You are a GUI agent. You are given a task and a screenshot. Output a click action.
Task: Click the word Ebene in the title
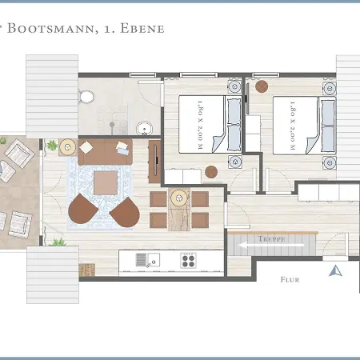(x=144, y=29)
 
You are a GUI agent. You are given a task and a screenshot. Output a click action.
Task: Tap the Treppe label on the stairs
(x=272, y=238)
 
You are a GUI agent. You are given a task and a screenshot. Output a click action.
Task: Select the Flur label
(x=290, y=280)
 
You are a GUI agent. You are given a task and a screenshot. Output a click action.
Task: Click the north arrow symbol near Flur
(x=335, y=270)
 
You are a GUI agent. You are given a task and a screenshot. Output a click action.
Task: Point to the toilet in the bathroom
(x=87, y=98)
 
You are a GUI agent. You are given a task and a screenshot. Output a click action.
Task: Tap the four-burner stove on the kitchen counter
(x=189, y=259)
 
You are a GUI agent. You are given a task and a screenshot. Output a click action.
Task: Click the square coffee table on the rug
(x=106, y=182)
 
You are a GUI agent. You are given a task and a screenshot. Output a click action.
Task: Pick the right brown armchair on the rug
(x=124, y=212)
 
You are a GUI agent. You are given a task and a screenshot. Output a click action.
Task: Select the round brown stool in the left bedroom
(x=210, y=170)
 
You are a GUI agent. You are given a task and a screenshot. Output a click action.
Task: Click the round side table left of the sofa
(x=68, y=147)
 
